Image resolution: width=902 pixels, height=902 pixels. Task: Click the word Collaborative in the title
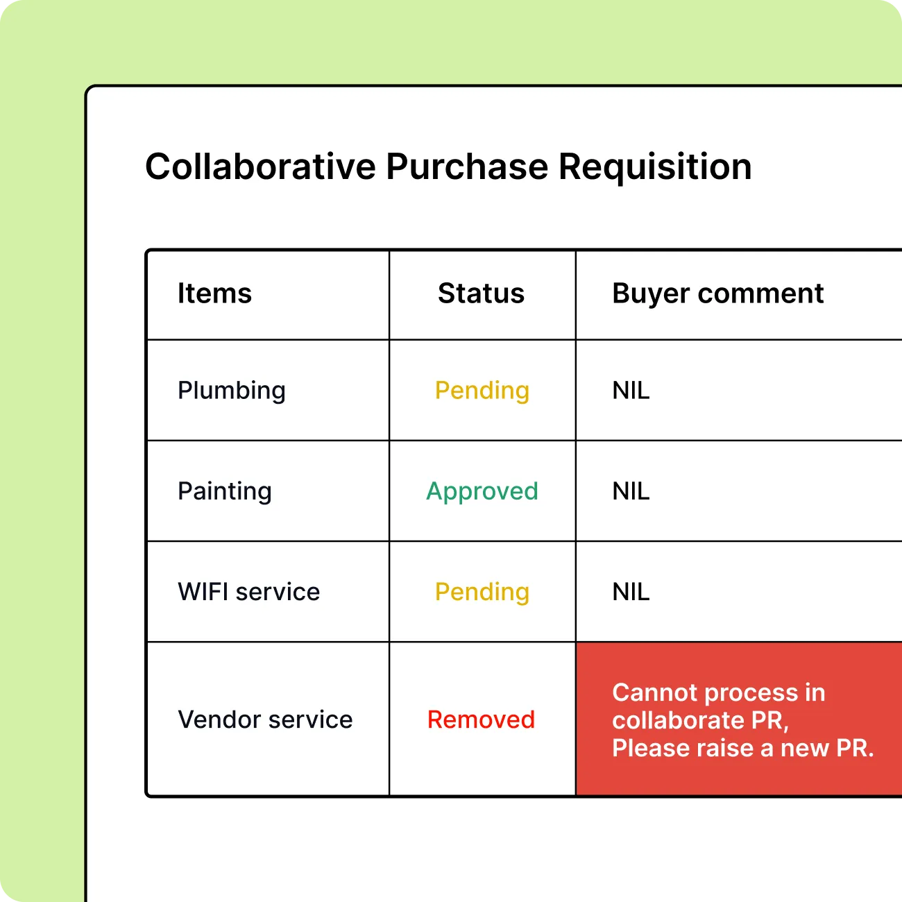tap(260, 167)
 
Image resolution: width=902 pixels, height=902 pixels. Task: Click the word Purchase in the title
tap(467, 167)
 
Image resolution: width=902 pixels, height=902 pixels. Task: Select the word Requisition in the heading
tap(655, 168)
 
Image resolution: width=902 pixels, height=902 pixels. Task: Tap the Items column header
tap(214, 293)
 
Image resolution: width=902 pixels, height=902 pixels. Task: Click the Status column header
tap(482, 293)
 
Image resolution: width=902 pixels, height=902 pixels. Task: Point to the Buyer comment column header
tap(718, 294)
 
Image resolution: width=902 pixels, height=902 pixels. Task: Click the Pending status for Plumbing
tap(482, 391)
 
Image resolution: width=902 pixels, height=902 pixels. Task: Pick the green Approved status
tap(482, 492)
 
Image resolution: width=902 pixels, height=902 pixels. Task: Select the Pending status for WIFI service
tap(482, 593)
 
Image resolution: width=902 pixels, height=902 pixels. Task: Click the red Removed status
tap(482, 720)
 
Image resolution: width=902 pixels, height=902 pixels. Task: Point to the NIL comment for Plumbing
tap(631, 391)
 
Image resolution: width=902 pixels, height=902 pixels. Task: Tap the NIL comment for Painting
tap(631, 491)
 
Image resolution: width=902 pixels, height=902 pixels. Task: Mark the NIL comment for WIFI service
tap(631, 592)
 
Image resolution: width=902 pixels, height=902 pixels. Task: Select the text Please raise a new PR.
tap(743, 748)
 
